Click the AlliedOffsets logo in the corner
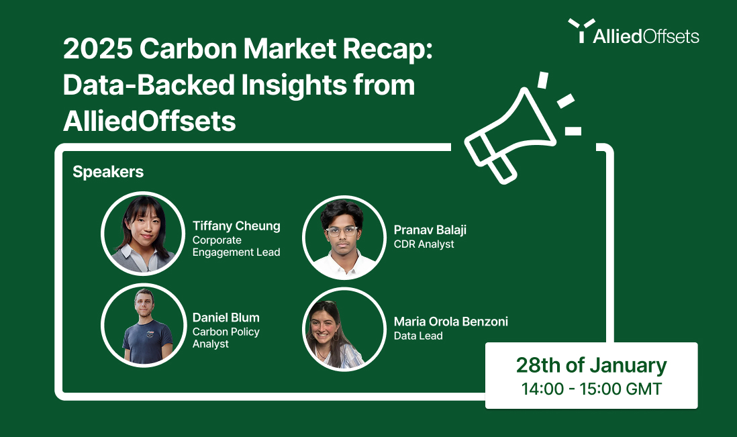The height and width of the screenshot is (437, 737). [x=633, y=32]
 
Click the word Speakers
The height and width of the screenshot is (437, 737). [x=108, y=172]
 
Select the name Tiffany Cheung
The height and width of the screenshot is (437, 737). [x=236, y=226]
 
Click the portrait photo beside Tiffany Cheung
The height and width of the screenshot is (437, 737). [x=143, y=234]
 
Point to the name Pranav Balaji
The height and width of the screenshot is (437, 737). [x=430, y=230]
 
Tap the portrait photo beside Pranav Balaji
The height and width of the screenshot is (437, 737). [x=344, y=238]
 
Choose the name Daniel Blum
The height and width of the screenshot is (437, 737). [x=226, y=318]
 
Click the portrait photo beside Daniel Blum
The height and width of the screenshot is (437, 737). [x=143, y=325]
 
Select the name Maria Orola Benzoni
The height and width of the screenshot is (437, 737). [x=451, y=322]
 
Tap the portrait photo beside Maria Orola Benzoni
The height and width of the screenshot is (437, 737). [x=344, y=329]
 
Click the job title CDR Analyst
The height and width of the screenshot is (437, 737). [x=424, y=244]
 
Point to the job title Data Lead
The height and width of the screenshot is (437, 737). [x=418, y=336]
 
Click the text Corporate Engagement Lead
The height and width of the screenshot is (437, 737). [x=236, y=246]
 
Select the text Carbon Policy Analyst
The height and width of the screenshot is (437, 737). [x=226, y=338]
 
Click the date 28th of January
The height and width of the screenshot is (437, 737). [x=591, y=365]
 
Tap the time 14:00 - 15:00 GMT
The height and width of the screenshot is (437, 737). [x=591, y=389]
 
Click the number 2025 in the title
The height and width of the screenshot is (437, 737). [x=98, y=48]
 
